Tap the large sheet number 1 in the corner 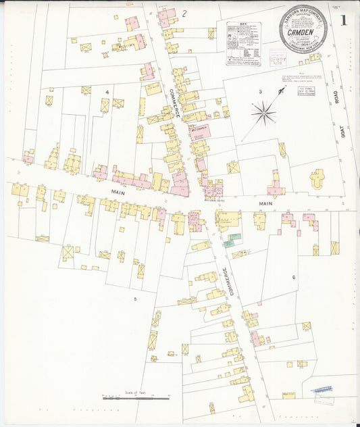343,21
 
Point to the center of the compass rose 263,111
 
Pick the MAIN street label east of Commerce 265,202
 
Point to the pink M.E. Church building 199,131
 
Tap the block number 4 106,91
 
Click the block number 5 135,298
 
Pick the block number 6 294,277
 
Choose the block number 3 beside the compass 259,91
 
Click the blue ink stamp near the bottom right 322,390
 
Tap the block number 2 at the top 184,13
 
